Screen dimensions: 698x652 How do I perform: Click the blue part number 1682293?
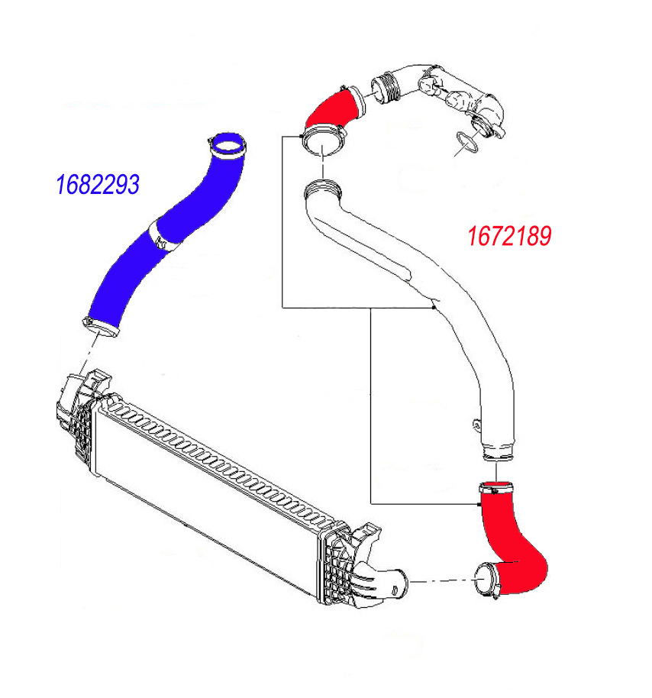(97, 184)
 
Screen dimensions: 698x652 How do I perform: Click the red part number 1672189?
(508, 236)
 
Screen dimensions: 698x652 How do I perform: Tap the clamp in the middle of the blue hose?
(162, 234)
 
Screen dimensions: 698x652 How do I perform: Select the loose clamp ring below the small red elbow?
(325, 142)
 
